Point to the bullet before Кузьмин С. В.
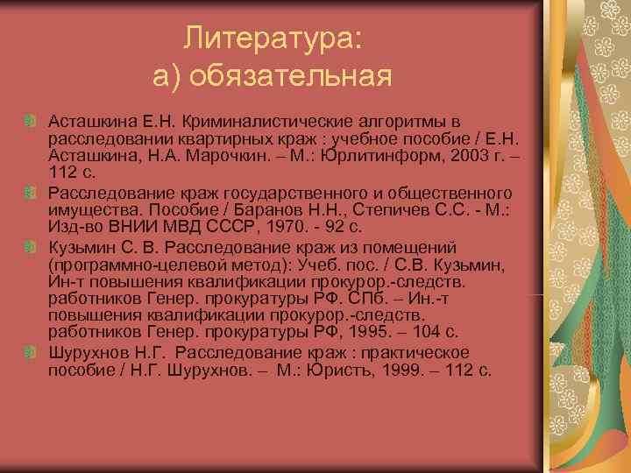pos(30,246)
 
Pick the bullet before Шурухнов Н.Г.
pos(30,353)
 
